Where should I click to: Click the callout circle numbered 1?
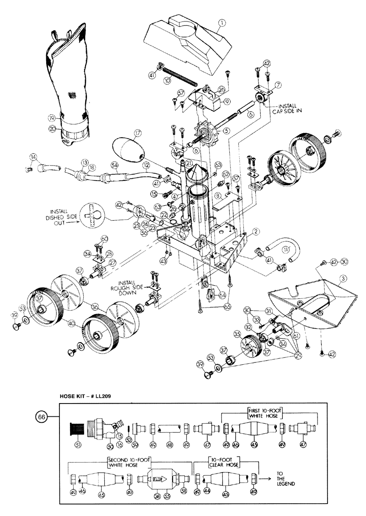[x=222, y=22]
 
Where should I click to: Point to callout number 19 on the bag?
[x=52, y=118]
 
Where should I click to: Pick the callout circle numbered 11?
[x=286, y=250]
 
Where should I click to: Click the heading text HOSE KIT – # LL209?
[x=87, y=396]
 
